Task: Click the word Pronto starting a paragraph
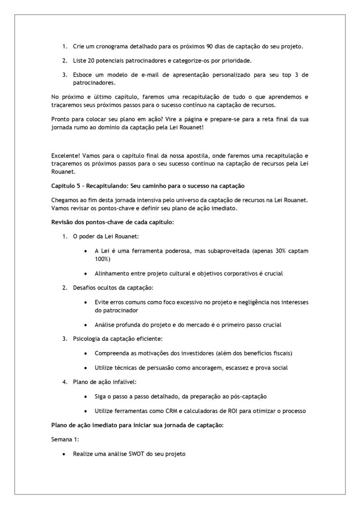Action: point(60,119)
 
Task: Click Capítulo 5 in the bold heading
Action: point(66,187)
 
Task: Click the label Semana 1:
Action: point(63,440)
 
